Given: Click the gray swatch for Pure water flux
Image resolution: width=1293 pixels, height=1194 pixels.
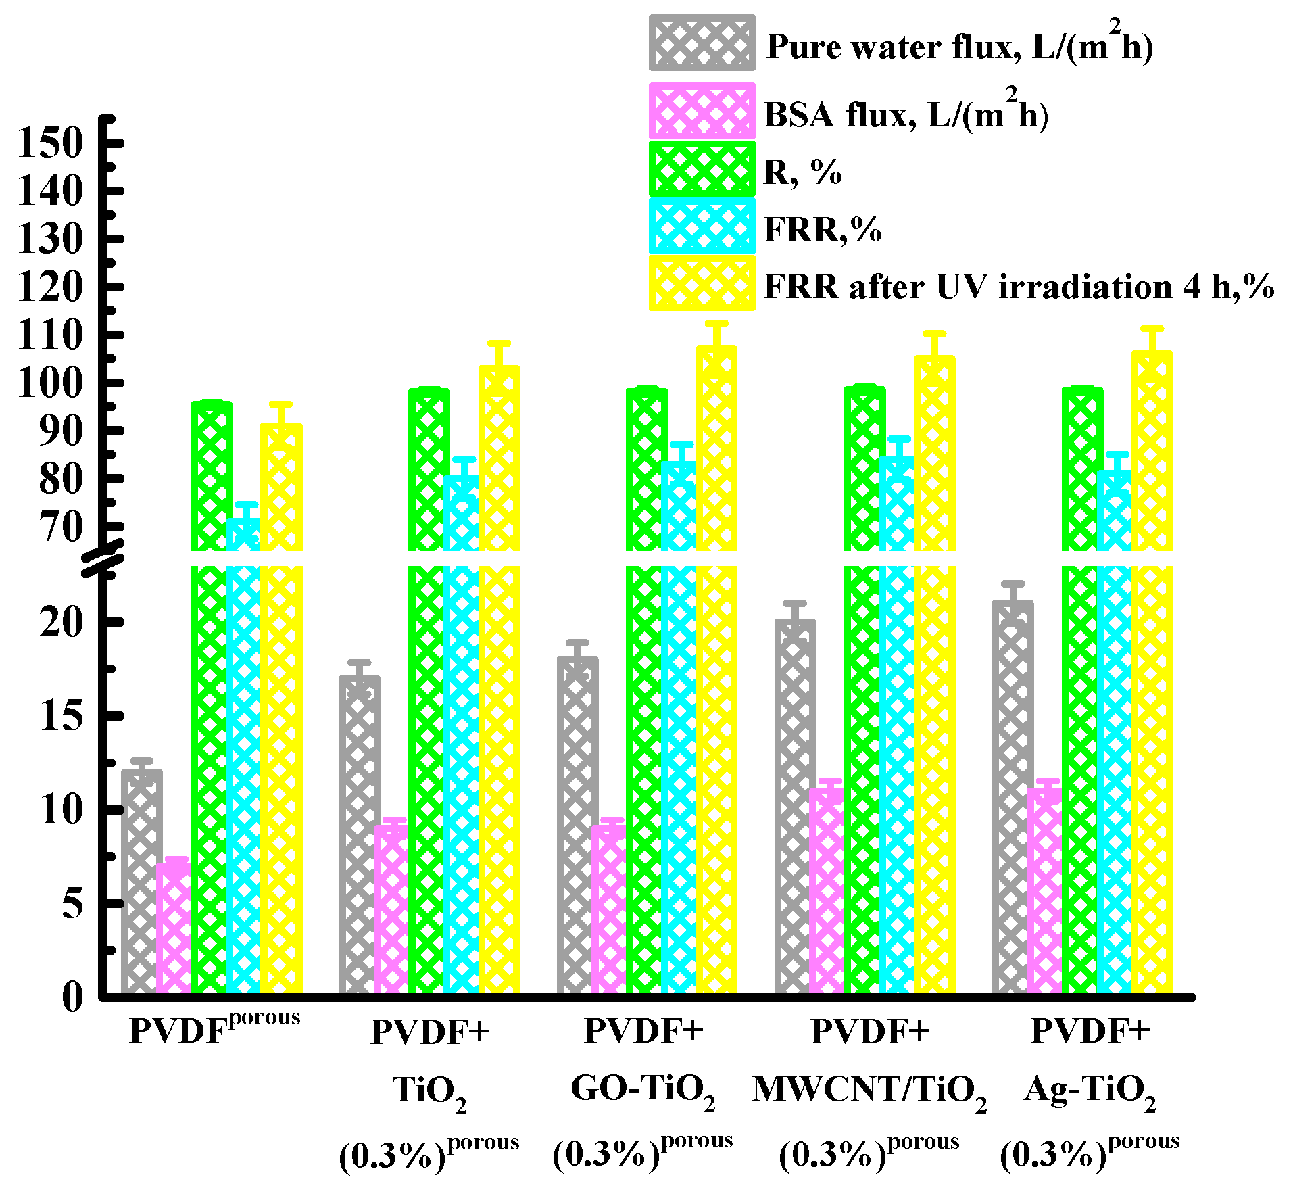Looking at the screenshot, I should tap(702, 43).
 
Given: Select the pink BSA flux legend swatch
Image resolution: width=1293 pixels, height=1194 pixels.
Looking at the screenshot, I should tap(702, 111).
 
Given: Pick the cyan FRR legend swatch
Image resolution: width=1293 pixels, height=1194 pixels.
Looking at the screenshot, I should tap(702, 226).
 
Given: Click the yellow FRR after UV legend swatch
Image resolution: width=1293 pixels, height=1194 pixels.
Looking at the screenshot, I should tap(702, 283).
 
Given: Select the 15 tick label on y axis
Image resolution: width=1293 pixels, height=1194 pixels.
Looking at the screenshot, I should tap(61, 715).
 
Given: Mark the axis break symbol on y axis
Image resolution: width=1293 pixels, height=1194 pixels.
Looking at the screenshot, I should tap(103, 558).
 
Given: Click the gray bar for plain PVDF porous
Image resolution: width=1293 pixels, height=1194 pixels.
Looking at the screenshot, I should tap(141, 879).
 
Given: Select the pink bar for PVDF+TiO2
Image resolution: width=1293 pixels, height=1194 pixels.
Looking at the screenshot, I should tap(391, 909).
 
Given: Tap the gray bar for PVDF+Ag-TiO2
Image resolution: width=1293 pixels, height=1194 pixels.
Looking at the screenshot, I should tap(1012, 798).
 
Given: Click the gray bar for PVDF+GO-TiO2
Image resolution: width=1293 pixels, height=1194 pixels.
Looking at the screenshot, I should tap(577, 825).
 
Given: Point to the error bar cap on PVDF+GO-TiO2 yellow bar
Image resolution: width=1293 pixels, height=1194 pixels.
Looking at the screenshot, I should tap(716, 323).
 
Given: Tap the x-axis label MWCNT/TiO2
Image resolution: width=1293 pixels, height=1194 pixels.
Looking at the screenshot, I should tap(869, 1090).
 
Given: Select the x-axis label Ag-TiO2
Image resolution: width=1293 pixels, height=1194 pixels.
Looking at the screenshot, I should tap(1090, 1090).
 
